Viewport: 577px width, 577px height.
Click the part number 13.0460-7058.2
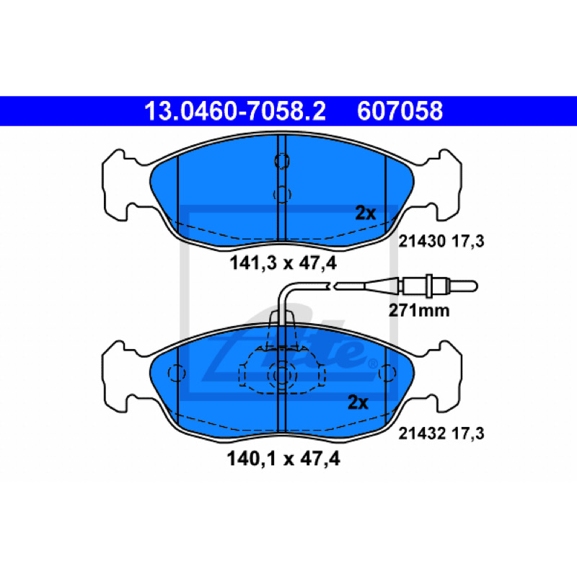pyautogui.click(x=235, y=111)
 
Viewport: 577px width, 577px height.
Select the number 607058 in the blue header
pyautogui.click(x=400, y=111)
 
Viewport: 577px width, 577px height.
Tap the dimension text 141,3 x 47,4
pyautogui.click(x=283, y=263)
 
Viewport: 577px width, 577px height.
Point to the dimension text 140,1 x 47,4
pyautogui.click(x=283, y=459)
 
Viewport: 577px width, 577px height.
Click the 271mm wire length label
pyautogui.click(x=419, y=311)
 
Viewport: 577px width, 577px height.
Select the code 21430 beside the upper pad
pyautogui.click(x=422, y=242)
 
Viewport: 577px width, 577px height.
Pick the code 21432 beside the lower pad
pyautogui.click(x=422, y=433)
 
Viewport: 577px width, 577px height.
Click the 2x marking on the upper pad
pyautogui.click(x=366, y=213)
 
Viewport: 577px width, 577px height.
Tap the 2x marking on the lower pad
pyautogui.click(x=358, y=402)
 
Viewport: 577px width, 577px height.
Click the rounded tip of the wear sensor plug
pyautogui.click(x=475, y=286)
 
